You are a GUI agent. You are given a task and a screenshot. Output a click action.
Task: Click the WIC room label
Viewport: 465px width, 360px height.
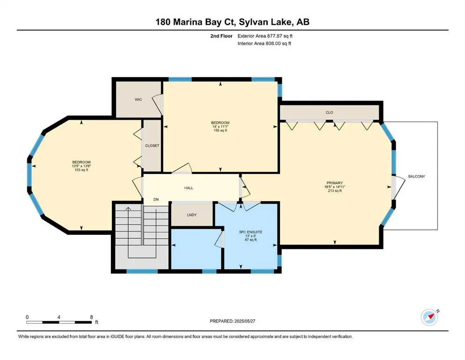click(x=138, y=99)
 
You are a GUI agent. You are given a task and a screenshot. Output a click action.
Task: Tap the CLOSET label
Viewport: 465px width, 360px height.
click(x=152, y=146)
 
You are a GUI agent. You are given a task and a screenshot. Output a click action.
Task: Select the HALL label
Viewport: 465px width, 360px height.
click(x=189, y=188)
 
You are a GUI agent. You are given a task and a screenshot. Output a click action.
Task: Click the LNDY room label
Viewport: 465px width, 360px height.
click(x=192, y=215)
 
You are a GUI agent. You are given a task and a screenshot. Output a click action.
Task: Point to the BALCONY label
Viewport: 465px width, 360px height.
click(x=417, y=176)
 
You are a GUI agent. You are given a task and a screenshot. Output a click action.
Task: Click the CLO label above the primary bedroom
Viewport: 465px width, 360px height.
click(x=329, y=112)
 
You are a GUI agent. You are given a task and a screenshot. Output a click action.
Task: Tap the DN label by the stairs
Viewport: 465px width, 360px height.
click(x=156, y=199)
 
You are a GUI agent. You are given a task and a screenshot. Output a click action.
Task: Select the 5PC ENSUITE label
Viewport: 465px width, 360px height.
click(x=251, y=232)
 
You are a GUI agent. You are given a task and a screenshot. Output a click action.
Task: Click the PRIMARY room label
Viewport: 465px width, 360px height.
click(x=334, y=183)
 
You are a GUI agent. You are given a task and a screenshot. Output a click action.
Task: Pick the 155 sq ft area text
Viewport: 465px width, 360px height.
click(x=221, y=130)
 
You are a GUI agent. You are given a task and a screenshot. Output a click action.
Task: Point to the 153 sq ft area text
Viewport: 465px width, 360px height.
click(x=81, y=170)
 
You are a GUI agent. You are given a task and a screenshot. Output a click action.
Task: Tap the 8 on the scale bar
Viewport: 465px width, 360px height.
click(x=92, y=317)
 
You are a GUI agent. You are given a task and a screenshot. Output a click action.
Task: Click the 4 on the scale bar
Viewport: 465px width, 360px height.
click(x=59, y=317)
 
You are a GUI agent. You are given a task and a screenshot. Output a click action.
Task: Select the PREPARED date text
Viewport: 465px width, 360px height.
click(x=232, y=321)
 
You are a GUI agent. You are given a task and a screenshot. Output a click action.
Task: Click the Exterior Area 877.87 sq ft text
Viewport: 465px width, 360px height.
click(x=265, y=36)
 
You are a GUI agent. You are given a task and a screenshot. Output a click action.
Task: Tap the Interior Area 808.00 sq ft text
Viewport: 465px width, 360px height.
click(x=264, y=43)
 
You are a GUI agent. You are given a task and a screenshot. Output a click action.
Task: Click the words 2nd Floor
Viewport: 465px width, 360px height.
click(x=221, y=36)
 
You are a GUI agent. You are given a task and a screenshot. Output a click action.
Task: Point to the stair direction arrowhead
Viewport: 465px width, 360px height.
click(x=128, y=209)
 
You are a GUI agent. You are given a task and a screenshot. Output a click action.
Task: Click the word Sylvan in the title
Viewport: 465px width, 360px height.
click(x=253, y=22)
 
